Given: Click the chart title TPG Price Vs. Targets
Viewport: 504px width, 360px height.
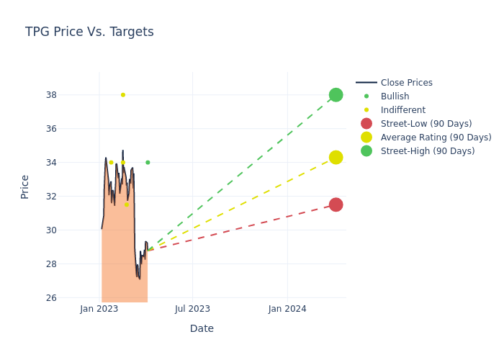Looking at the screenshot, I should coord(89,32).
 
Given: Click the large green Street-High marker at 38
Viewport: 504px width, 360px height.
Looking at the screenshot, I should coord(336,95).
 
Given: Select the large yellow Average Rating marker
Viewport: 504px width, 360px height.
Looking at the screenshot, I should coord(336,157).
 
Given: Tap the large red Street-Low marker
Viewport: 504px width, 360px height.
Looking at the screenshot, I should coord(336,204).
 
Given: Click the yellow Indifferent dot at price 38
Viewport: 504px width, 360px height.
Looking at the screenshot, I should coord(122,95).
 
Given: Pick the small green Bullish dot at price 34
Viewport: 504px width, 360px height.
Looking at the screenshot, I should coord(148,163).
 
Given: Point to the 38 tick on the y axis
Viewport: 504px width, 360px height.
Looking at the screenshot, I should coord(51,95).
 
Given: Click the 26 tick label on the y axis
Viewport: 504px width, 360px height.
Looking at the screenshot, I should coord(51,298).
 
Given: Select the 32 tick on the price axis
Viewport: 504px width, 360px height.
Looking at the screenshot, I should coord(51,197).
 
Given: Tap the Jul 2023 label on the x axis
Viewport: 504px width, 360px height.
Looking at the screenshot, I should coord(192,309).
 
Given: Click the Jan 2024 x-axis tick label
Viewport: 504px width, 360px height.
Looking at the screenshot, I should coord(287,309).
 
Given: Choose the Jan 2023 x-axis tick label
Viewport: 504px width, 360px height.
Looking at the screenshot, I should coord(99,309).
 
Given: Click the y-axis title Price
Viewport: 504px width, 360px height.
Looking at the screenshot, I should coord(25,186).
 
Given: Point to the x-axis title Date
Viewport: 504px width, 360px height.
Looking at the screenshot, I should coord(202,329).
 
